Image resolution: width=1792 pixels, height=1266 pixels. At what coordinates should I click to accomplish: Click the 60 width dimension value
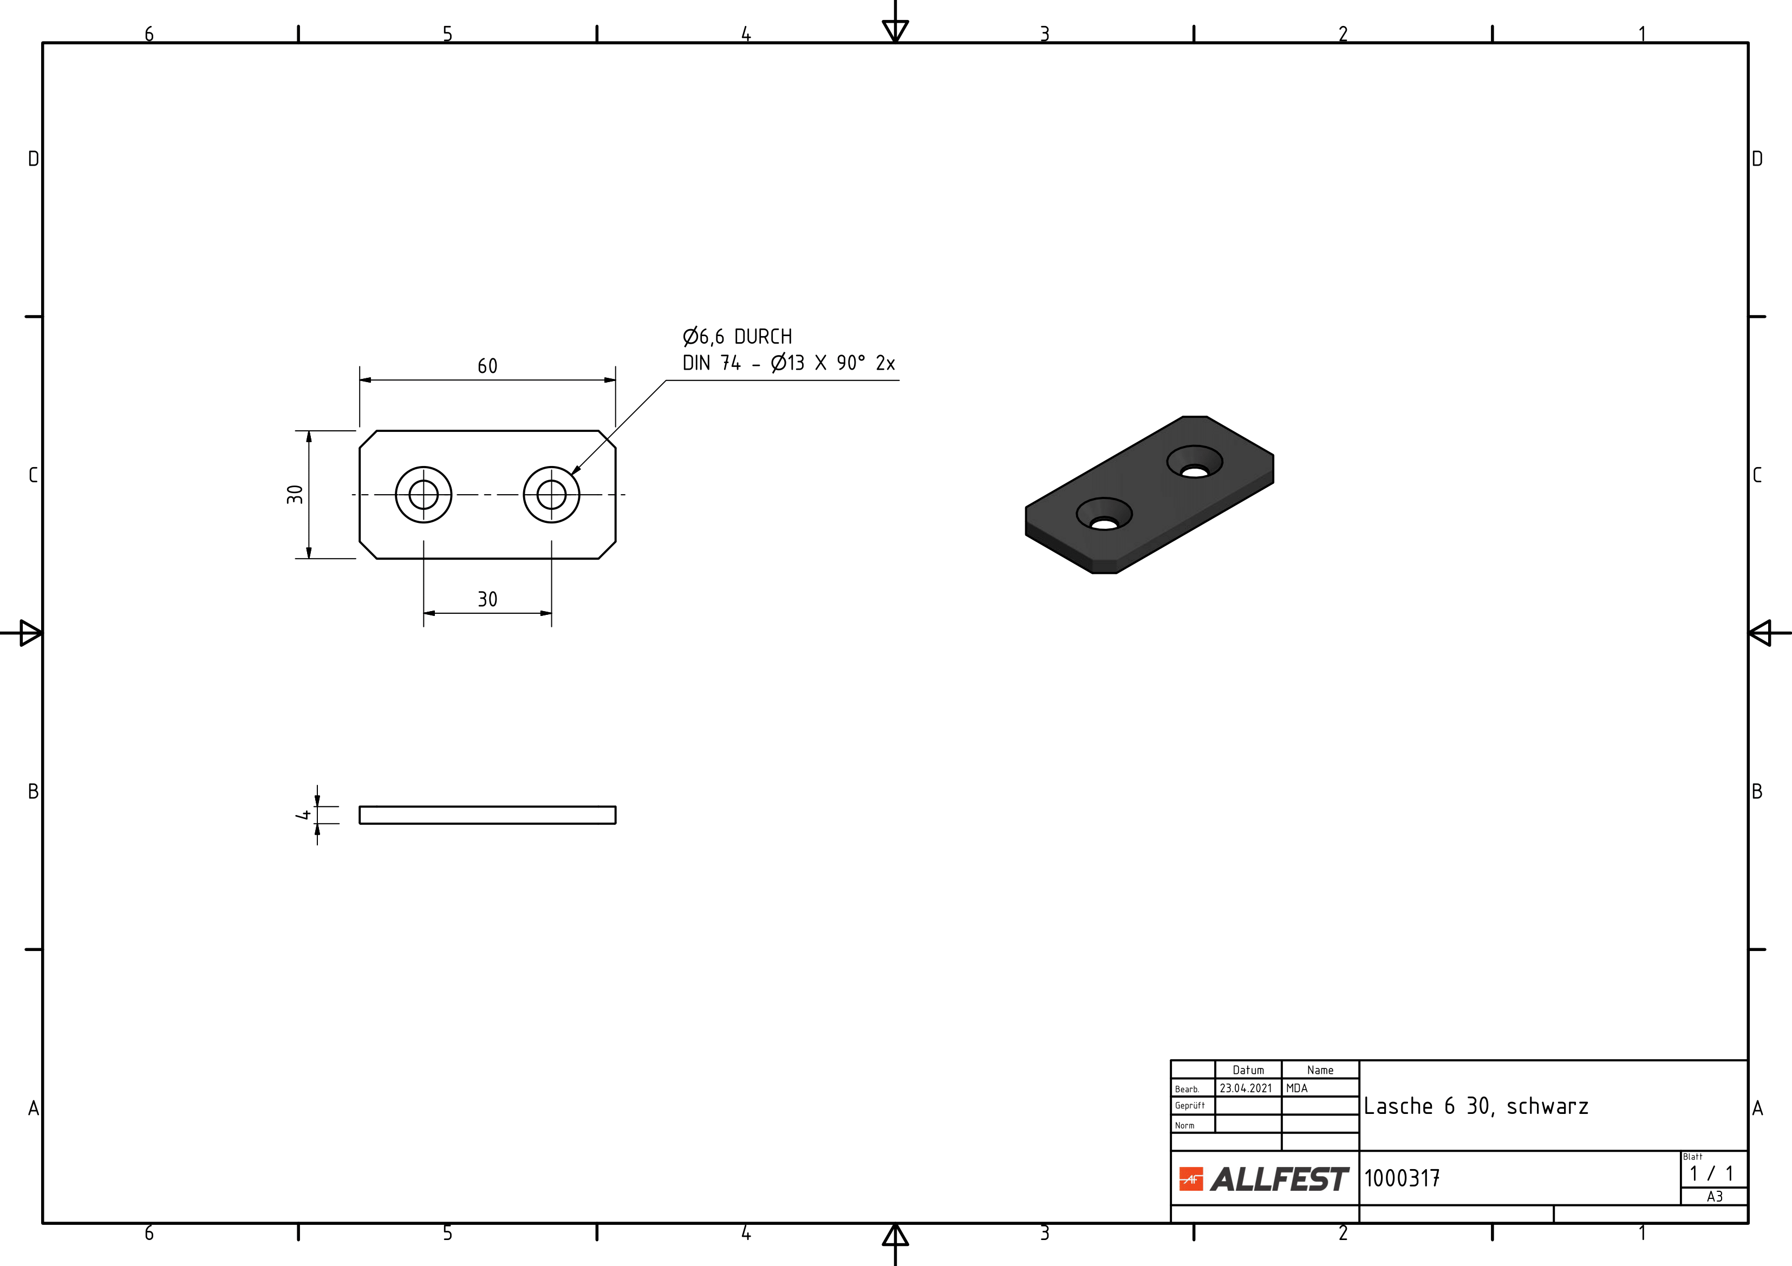pos(487,366)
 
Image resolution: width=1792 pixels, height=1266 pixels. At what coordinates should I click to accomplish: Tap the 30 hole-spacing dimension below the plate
pos(487,599)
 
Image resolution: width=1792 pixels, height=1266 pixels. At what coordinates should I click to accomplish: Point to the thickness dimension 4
pos(303,815)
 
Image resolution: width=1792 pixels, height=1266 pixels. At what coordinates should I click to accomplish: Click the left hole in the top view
pos(424,495)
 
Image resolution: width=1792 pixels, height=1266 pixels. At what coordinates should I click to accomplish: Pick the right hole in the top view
pos(552,495)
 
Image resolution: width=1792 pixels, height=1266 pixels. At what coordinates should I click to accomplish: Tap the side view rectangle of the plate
pos(487,815)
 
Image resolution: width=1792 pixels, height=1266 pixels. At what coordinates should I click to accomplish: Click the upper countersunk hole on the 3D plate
pos(1194,462)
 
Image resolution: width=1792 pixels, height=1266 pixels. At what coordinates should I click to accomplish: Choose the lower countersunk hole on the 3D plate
pos(1104,514)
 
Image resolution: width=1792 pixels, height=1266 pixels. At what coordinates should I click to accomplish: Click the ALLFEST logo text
pos(1279,1179)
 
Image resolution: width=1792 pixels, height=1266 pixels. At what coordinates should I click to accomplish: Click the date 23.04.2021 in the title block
pos(1246,1088)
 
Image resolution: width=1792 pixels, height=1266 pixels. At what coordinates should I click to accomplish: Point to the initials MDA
pos(1296,1088)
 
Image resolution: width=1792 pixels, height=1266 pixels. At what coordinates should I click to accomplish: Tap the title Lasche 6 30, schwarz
pos(1476,1107)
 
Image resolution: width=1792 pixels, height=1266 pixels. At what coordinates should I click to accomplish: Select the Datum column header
pos(1248,1070)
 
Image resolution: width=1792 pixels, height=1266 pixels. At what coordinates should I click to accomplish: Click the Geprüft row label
pos(1189,1105)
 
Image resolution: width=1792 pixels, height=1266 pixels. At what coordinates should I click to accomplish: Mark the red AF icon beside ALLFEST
pos(1191,1179)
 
